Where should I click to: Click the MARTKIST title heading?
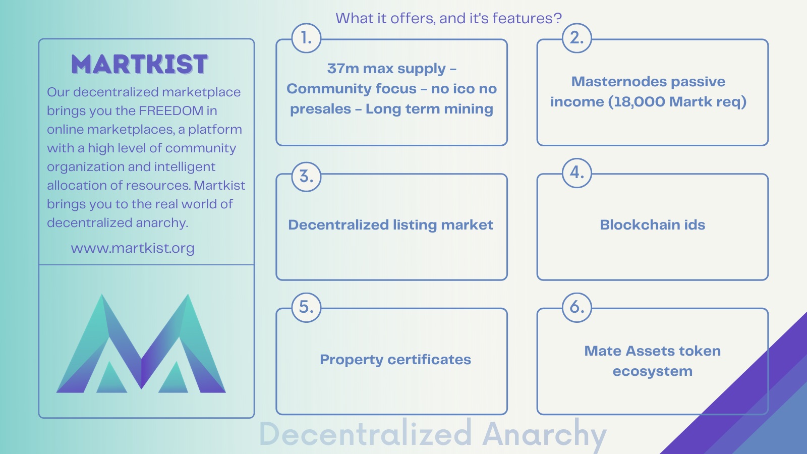pos(139,65)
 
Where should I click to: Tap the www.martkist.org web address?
pos(133,248)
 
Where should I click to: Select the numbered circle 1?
pos(306,38)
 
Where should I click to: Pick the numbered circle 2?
pos(577,38)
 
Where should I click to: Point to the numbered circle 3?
pos(306,177)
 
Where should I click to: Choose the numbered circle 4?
pos(577,173)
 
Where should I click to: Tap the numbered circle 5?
pos(306,307)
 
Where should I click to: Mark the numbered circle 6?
pos(577,307)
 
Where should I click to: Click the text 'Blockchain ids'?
pos(653,225)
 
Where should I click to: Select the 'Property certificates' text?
pos(395,360)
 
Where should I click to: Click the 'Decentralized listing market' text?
pos(390,225)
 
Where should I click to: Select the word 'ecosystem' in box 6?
pos(653,371)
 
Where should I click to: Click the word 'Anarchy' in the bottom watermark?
pos(544,434)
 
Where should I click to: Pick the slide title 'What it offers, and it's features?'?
pos(448,18)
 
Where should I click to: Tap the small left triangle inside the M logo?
pos(111,378)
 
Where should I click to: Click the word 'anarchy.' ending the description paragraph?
pos(162,223)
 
